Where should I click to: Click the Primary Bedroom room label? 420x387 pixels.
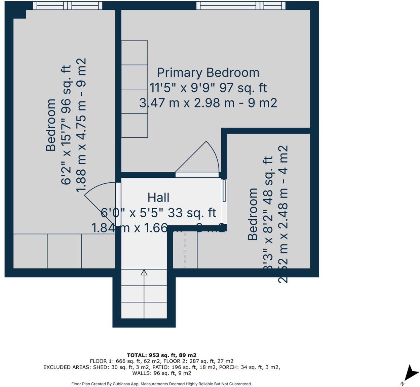click(208, 73)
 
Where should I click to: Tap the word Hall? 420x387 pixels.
click(158, 198)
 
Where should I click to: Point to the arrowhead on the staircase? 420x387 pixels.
click(144, 272)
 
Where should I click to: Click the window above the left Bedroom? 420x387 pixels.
click(68, 5)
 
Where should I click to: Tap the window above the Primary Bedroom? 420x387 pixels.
click(241, 5)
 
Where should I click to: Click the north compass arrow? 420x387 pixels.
click(411, 373)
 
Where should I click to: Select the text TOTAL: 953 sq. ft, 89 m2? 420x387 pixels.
click(162, 355)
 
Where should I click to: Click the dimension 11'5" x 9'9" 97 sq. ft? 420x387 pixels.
click(208, 88)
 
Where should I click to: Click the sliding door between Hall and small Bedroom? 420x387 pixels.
click(224, 191)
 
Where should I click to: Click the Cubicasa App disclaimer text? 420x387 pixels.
click(162, 384)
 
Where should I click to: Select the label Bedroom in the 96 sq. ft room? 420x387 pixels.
click(50, 125)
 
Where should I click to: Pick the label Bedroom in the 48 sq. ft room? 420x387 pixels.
click(253, 214)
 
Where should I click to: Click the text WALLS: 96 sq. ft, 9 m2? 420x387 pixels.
click(162, 373)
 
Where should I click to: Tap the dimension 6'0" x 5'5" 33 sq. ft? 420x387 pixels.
click(158, 213)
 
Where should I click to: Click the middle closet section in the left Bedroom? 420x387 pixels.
click(64, 251)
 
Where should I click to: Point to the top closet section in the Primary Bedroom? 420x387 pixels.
click(135, 53)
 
